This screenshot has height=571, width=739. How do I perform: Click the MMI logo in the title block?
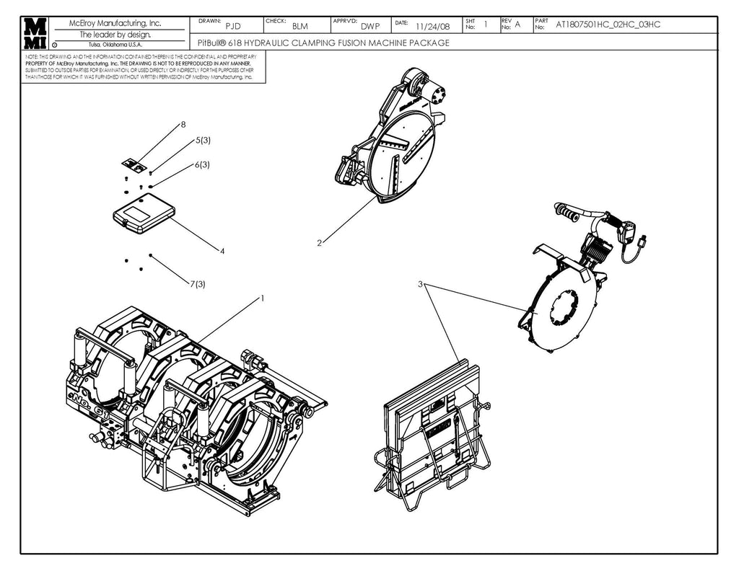point(35,33)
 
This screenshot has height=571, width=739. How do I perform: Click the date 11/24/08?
point(433,27)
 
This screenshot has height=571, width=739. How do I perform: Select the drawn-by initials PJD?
point(233,27)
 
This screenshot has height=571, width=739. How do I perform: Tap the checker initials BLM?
point(300,27)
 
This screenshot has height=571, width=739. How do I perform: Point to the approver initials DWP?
point(370,27)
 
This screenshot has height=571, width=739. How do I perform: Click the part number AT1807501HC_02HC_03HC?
point(608,25)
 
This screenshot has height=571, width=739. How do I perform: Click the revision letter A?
point(517,25)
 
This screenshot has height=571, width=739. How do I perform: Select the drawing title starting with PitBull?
point(323,43)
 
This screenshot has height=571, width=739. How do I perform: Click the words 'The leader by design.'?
point(115,34)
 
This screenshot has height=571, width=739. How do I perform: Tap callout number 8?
point(183,124)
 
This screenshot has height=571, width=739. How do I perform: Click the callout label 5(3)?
point(203,141)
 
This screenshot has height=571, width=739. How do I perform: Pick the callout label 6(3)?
point(201,164)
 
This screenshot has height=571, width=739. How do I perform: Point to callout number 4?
point(222,251)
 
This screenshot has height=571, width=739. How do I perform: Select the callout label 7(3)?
point(198,284)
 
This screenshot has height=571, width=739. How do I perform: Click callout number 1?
point(263,298)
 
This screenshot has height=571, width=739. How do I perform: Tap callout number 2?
point(319,243)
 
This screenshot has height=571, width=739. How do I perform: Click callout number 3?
point(420,284)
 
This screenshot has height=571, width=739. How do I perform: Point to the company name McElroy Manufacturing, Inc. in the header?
point(115,23)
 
